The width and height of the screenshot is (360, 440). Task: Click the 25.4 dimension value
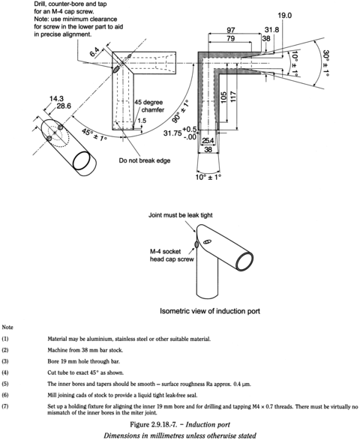point(208,140)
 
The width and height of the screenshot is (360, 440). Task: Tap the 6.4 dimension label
point(93,53)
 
